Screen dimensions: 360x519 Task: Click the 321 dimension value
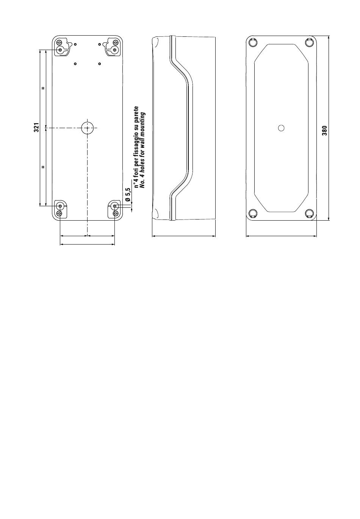[36, 128]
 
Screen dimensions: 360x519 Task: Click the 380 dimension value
[324, 130]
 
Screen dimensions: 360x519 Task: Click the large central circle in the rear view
[87, 128]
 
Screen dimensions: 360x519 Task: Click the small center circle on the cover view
[281, 128]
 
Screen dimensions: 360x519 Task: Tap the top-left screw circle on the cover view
[252, 42]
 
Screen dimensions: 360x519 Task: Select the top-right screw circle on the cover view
[310, 42]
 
